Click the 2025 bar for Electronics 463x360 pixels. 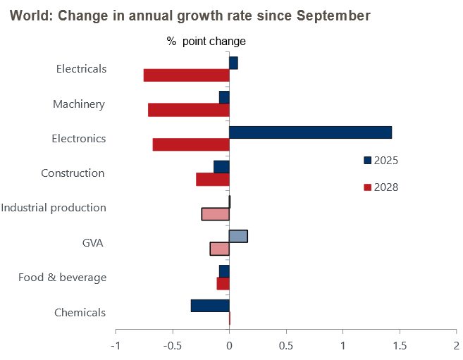[310, 132]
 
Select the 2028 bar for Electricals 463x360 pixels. [187, 75]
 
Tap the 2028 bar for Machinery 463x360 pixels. [189, 110]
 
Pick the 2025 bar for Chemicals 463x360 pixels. [210, 306]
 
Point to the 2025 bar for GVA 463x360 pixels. [238, 236]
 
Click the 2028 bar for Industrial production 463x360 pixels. [216, 214]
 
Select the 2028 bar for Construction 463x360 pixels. [213, 180]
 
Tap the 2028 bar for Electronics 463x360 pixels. [191, 144]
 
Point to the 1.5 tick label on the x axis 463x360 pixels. [400, 346]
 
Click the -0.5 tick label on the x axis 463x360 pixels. [171, 346]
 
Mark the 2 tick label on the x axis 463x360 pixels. [456, 346]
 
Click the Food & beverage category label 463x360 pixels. [63, 278]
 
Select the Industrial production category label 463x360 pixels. [54, 208]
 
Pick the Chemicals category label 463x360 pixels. [80, 313]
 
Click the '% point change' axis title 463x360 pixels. [206, 42]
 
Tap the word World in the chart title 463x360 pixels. [29, 15]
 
